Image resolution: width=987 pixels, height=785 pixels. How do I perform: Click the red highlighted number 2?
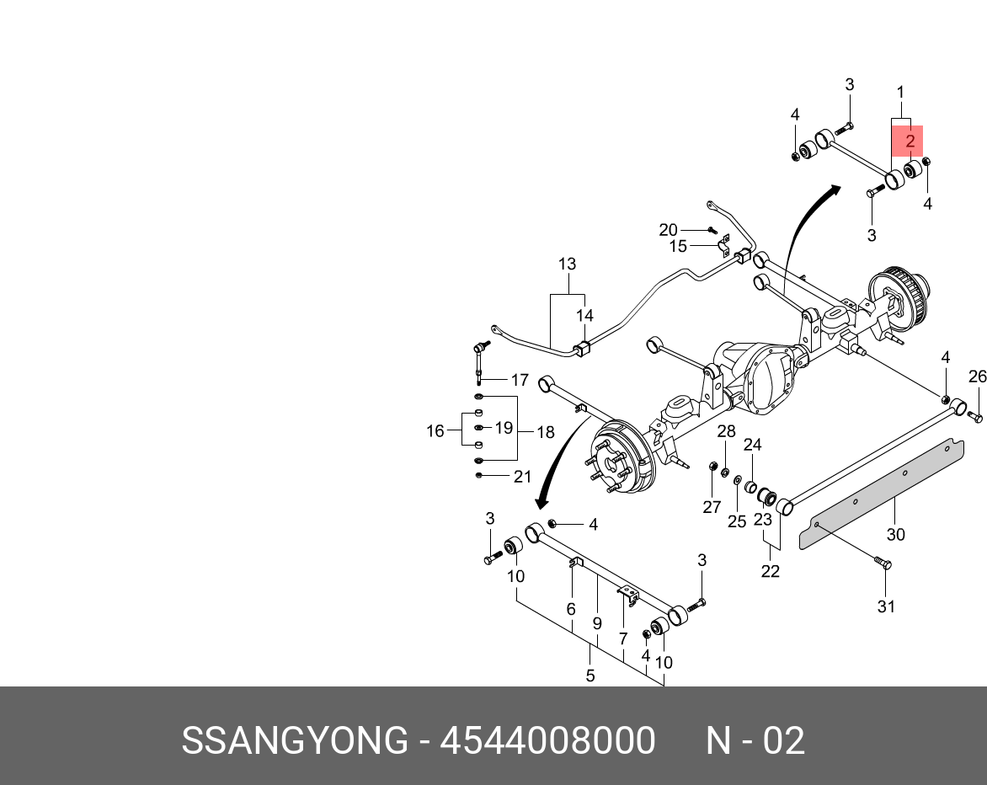click(910, 142)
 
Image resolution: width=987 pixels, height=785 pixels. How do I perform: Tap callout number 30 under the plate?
click(895, 535)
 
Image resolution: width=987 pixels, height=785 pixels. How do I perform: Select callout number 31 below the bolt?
click(887, 606)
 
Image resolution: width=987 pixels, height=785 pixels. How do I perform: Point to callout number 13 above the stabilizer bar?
click(567, 264)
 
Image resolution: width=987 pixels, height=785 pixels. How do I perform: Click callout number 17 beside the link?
click(520, 380)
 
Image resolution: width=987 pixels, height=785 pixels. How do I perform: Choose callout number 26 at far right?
click(977, 376)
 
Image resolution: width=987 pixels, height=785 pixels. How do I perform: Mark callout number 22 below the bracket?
click(770, 571)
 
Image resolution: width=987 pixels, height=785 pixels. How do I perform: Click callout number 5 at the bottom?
click(590, 675)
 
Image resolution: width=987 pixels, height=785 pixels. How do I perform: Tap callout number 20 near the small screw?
click(668, 230)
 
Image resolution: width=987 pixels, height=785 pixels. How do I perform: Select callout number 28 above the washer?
click(726, 432)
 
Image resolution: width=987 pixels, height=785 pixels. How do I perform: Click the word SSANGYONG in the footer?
click(295, 741)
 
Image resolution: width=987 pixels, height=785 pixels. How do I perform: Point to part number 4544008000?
click(548, 741)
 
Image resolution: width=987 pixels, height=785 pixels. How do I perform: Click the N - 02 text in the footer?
click(755, 741)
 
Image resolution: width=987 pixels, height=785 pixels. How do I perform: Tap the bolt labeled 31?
click(881, 563)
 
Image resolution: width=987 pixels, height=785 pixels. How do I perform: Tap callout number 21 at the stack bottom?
click(522, 477)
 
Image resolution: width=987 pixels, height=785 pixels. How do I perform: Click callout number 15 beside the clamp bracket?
click(678, 247)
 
